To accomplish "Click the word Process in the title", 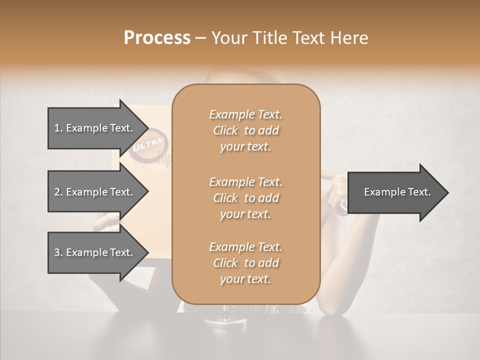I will click(x=157, y=38).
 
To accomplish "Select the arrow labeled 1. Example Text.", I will click(x=93, y=128).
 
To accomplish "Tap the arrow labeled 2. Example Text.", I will click(x=93, y=192).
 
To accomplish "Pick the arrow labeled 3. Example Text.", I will click(x=93, y=252).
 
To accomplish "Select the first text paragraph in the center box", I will click(x=245, y=130).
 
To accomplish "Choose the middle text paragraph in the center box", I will click(x=245, y=198).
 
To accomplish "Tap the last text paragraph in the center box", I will click(x=245, y=263).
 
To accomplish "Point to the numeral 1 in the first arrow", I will click(x=56, y=128).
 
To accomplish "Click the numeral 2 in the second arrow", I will click(x=56, y=192).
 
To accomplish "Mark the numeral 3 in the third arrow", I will click(x=56, y=252).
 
